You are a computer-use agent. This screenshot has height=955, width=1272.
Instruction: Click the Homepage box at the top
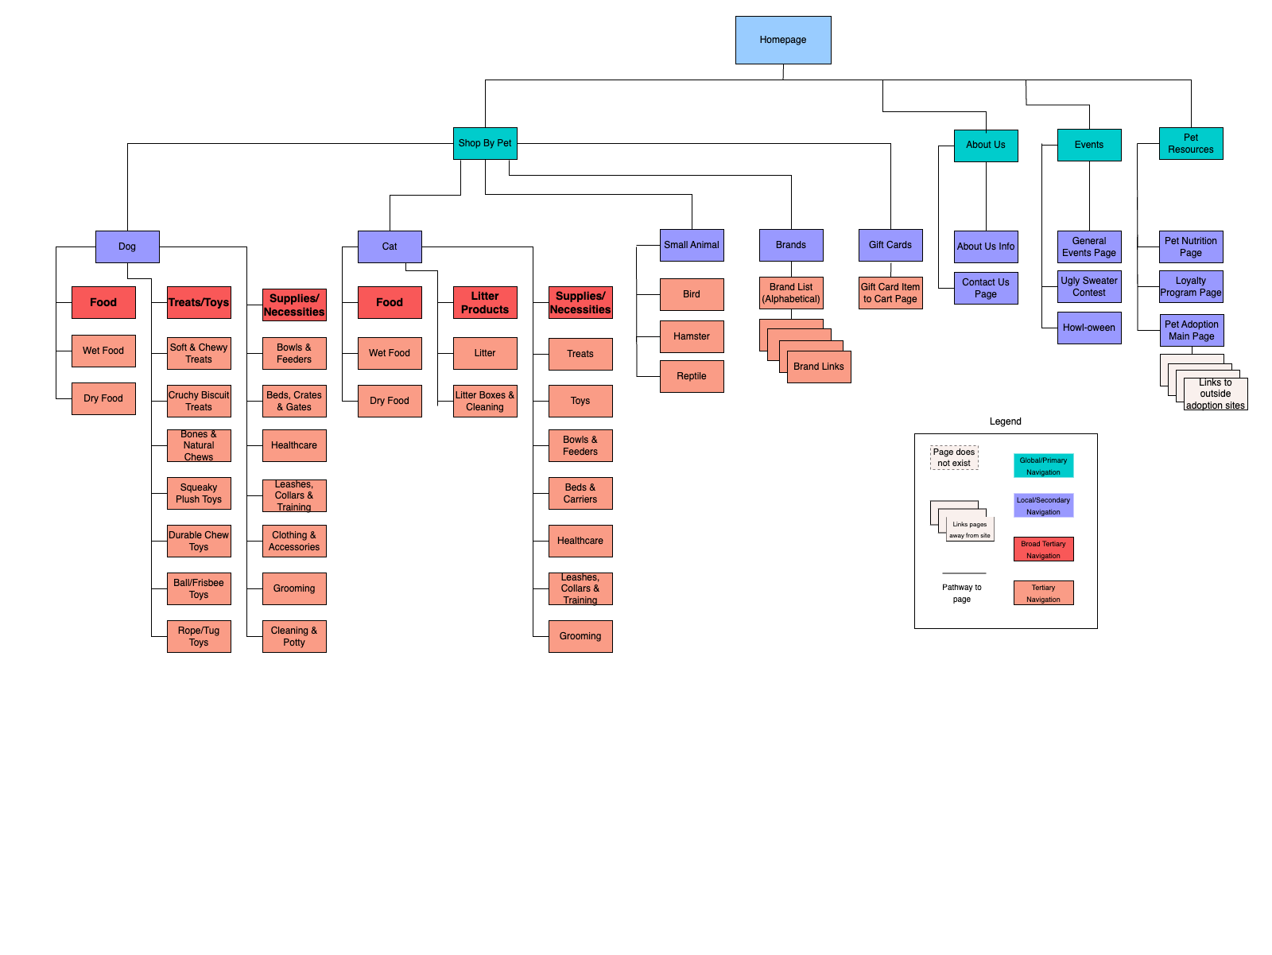click(783, 40)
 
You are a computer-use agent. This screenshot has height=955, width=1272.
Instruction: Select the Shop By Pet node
click(485, 143)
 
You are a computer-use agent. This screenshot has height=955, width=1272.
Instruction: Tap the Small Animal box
click(692, 245)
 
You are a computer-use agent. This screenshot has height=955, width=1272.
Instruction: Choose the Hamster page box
click(692, 336)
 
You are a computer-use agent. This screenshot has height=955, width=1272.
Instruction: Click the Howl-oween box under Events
click(1089, 328)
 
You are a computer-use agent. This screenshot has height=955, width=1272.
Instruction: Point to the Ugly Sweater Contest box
click(1089, 286)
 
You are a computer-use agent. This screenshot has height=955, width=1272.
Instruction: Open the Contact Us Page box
click(986, 288)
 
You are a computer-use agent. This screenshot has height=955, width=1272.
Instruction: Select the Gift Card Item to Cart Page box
click(890, 293)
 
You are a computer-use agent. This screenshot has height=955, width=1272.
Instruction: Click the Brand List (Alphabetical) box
click(791, 293)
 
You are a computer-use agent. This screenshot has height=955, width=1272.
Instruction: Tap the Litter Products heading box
click(485, 302)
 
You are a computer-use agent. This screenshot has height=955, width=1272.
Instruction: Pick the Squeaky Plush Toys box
click(199, 493)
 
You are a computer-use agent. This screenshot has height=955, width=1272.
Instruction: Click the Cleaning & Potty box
click(294, 636)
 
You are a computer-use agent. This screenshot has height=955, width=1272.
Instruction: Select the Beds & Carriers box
click(580, 493)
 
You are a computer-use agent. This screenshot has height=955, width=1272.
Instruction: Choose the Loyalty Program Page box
click(1191, 286)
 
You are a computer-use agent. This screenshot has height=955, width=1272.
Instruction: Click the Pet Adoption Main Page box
click(1192, 330)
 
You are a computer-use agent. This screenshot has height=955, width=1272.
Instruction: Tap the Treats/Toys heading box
click(199, 302)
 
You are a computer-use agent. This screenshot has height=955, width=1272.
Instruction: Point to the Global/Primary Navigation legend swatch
click(1043, 466)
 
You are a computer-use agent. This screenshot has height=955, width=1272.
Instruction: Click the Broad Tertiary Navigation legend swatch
click(1043, 549)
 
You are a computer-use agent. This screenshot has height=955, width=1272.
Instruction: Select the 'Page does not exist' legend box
click(954, 457)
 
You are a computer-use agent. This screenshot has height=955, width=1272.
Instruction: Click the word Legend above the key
click(1006, 421)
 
